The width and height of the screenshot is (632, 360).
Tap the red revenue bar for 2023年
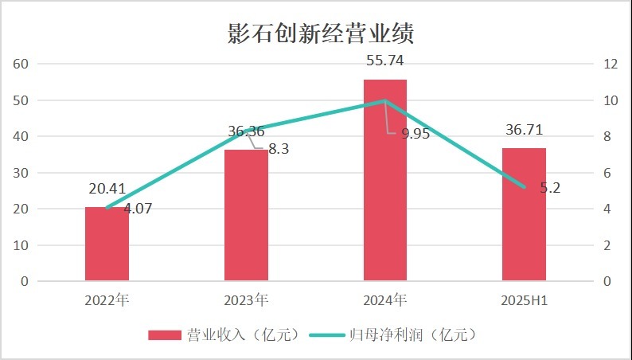point(246,215)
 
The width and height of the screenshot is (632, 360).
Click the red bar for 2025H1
point(525,214)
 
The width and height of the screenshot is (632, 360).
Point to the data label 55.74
point(385,61)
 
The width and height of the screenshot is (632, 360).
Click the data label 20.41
point(107,190)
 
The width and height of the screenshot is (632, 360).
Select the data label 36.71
point(525,130)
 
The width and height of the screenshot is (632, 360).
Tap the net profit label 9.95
point(415,134)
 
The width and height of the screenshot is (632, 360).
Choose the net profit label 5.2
point(549,188)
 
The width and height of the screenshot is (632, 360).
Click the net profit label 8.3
point(277,148)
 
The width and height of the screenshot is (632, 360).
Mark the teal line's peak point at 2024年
point(385,101)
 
